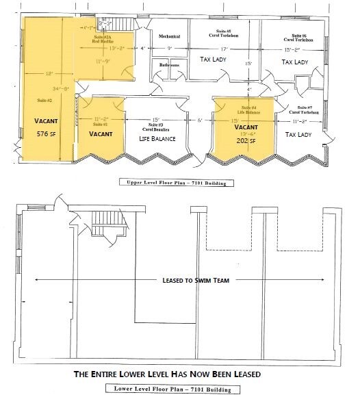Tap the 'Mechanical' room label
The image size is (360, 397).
[169, 36]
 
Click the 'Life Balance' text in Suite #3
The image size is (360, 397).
[158, 139]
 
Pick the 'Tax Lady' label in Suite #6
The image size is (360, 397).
[296, 62]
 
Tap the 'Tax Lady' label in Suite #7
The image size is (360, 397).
[298, 135]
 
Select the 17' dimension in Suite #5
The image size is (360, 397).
[223, 49]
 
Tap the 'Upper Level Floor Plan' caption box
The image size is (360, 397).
[177, 183]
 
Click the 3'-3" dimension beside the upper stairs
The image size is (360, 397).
[105, 23]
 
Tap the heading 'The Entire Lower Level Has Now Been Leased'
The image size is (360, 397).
[177, 375]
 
